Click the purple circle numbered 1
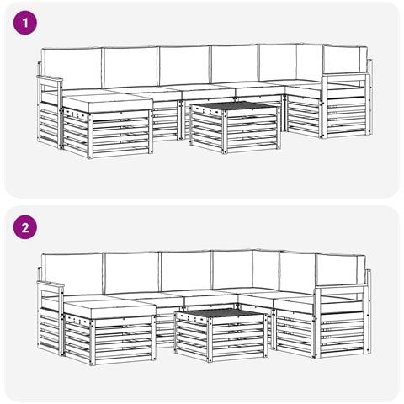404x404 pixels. (25, 23)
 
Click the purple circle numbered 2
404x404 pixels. (25, 227)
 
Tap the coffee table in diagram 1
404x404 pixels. (235, 127)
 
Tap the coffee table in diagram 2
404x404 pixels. (221, 335)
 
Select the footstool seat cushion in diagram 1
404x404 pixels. (108, 103)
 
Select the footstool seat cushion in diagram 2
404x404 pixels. (109, 308)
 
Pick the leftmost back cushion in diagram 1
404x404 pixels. (72, 68)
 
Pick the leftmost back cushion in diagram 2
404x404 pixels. (72, 274)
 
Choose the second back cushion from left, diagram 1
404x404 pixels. (130, 66)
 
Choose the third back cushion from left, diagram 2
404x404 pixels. (186, 271)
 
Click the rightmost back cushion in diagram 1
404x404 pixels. (345, 60)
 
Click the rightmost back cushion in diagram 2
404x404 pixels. (341, 269)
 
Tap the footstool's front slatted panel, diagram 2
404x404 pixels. (123, 340)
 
